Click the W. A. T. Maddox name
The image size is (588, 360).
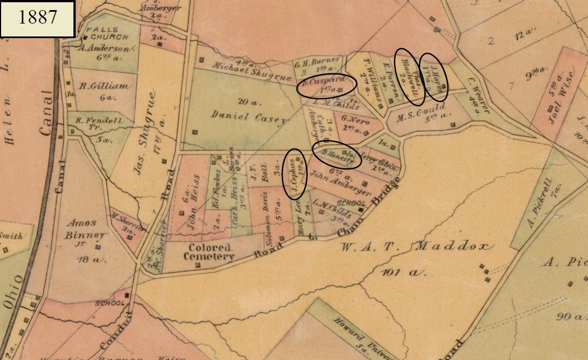416,246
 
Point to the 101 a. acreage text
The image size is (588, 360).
404,273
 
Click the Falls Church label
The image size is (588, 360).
101,33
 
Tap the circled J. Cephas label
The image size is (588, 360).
295,174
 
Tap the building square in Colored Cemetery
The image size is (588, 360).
197,264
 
